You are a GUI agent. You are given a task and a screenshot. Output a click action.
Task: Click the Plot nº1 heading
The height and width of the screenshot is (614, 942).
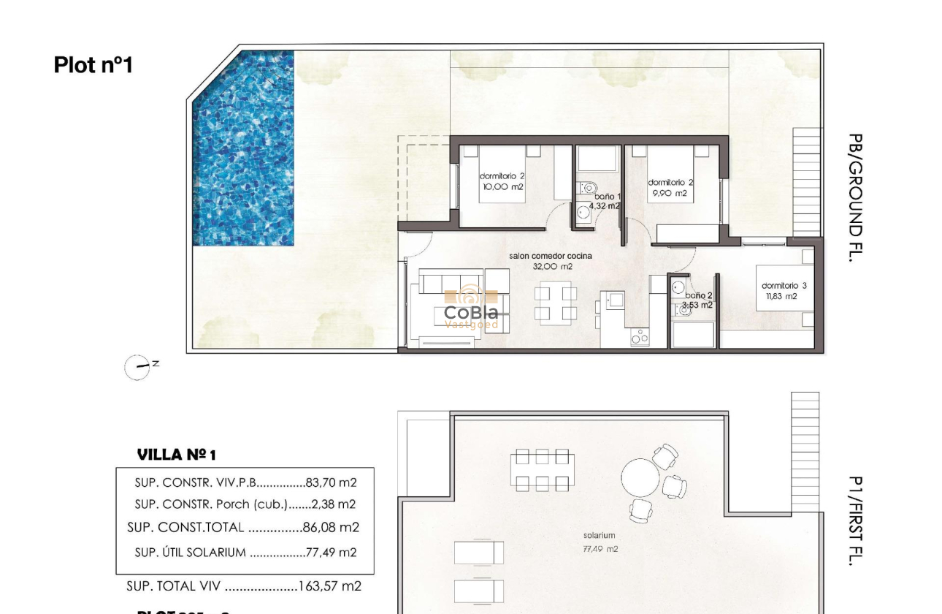93,65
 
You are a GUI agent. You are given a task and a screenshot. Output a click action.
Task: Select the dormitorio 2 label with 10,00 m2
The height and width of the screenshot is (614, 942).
502,181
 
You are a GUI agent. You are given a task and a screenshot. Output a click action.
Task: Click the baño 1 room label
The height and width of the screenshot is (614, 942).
606,202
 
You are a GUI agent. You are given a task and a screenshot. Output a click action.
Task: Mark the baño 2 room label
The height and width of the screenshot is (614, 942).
697,300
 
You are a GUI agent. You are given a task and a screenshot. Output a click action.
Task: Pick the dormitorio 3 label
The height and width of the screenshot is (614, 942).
784,291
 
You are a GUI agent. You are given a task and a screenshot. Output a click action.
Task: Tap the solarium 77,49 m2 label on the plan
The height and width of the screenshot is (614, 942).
600,542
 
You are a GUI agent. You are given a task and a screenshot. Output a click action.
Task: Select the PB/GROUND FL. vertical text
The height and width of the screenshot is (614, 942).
856,197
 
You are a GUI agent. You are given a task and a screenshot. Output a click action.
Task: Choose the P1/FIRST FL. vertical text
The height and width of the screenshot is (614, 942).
856,520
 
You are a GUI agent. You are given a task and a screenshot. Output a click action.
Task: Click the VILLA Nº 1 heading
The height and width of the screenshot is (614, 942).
177,455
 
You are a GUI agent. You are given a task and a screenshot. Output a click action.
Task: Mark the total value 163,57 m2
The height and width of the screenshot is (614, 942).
330,586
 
